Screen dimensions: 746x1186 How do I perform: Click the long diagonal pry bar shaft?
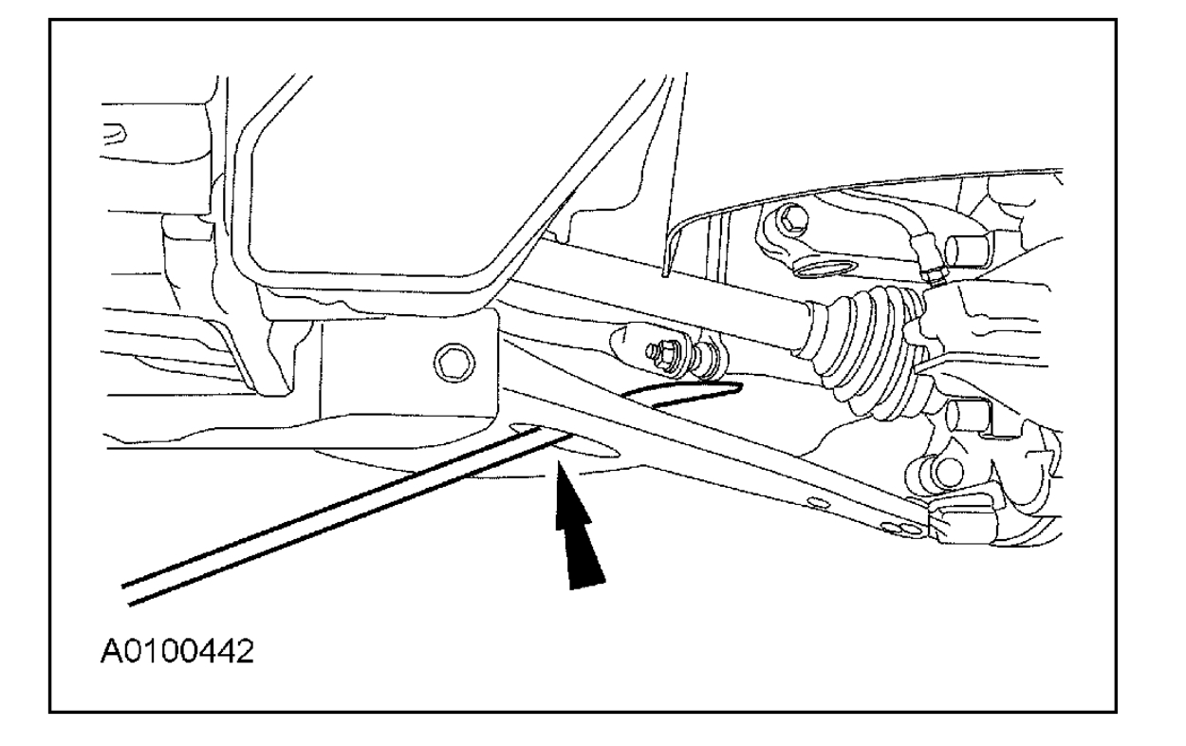point(332,517)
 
